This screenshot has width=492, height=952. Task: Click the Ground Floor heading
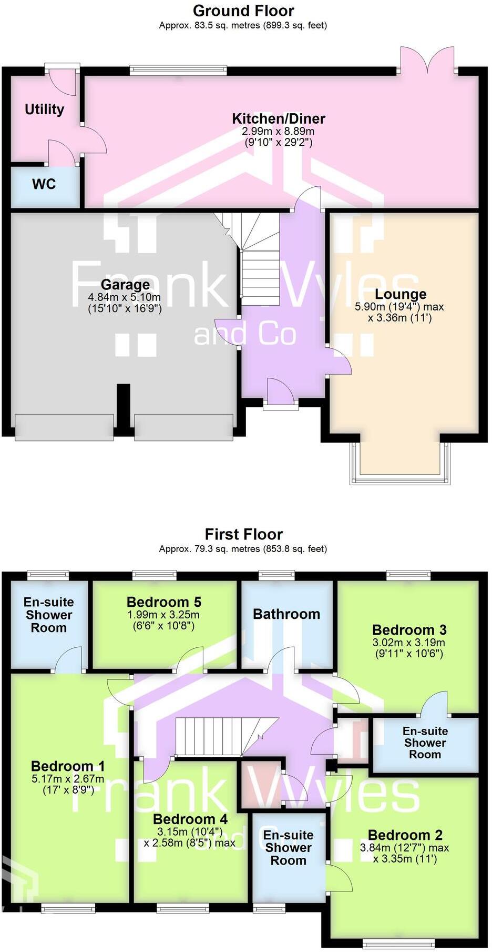(x=243, y=11)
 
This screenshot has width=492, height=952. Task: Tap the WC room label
(x=44, y=184)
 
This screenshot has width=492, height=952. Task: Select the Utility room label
(x=44, y=109)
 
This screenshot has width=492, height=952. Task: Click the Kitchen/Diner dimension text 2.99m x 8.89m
(x=278, y=131)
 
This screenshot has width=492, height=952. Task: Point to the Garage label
(x=125, y=285)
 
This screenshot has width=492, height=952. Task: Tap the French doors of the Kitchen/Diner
(x=427, y=61)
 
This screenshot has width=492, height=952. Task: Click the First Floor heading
(x=243, y=535)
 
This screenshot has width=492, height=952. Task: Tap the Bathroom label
(x=286, y=614)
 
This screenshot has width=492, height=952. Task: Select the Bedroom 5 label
(x=164, y=602)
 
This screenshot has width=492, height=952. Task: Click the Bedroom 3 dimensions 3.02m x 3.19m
(x=408, y=643)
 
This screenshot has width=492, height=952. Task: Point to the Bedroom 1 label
(x=68, y=766)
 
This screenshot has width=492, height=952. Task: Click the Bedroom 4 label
(x=190, y=819)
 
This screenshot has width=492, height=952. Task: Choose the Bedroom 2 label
(x=405, y=835)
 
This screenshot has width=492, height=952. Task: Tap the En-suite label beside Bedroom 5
(x=48, y=615)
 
